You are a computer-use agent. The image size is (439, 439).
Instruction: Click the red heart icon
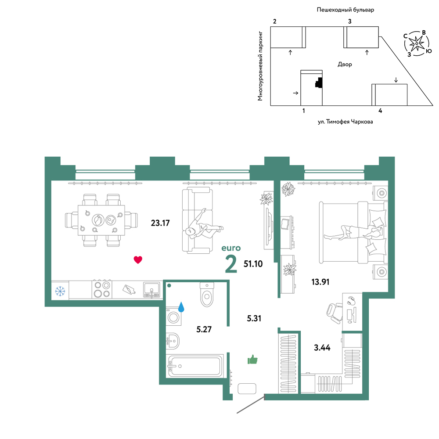(x=138, y=260)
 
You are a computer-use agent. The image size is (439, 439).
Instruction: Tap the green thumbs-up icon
(x=252, y=359)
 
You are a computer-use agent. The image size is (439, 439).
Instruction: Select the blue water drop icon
(x=181, y=307)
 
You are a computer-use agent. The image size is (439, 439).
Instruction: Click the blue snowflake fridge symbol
(x=60, y=291)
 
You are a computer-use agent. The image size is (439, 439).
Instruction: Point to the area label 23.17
(x=160, y=223)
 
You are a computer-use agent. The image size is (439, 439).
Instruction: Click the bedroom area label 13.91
(x=320, y=282)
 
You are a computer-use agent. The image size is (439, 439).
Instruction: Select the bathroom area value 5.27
(x=204, y=329)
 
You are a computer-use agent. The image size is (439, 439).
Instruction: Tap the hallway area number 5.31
(x=254, y=318)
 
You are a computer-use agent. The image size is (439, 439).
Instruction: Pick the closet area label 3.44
(x=322, y=348)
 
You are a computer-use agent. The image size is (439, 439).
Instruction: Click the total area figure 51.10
(x=253, y=264)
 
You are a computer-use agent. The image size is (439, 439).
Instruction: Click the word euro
(x=231, y=248)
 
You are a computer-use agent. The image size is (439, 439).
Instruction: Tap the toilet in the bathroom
(x=207, y=295)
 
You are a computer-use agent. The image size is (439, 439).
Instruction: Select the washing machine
(x=173, y=317)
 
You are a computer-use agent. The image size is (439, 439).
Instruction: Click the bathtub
(x=195, y=366)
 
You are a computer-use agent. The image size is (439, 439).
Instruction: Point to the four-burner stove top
(x=102, y=289)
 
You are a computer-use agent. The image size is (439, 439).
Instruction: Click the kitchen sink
(x=151, y=289)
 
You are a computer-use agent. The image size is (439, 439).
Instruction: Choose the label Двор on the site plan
(x=345, y=65)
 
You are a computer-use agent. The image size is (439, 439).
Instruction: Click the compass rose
(x=417, y=43)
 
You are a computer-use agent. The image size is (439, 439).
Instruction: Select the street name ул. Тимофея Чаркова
(x=345, y=122)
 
